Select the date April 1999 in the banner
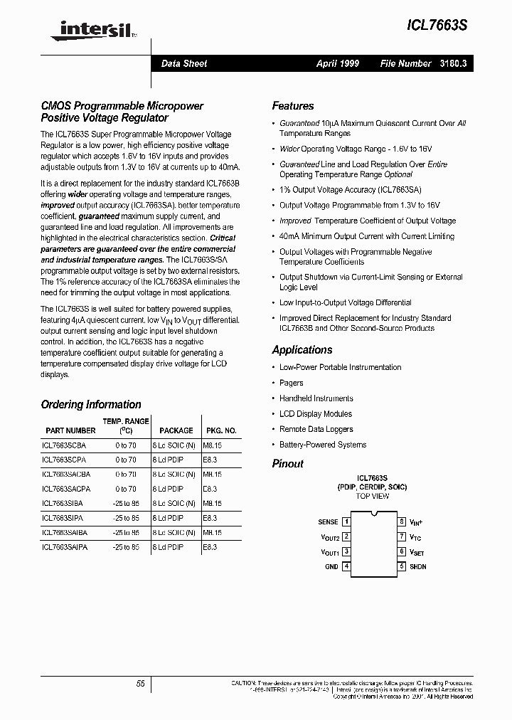tap(338, 63)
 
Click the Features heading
tap(292, 106)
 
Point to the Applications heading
tap(302, 350)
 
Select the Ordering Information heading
tap(91, 405)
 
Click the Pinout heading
tap(287, 464)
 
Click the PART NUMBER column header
tap(70, 430)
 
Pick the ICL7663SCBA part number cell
tap(65, 445)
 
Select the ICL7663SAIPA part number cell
tap(66, 547)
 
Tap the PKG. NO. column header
tap(221, 430)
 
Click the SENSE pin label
tap(328, 522)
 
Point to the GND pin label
tap(331, 566)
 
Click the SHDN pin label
tap(417, 566)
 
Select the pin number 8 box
tap(402, 522)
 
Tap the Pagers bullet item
tap(291, 383)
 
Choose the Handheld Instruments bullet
tap(316, 398)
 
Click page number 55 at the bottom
tap(141, 683)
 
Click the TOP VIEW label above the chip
tap(372, 496)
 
